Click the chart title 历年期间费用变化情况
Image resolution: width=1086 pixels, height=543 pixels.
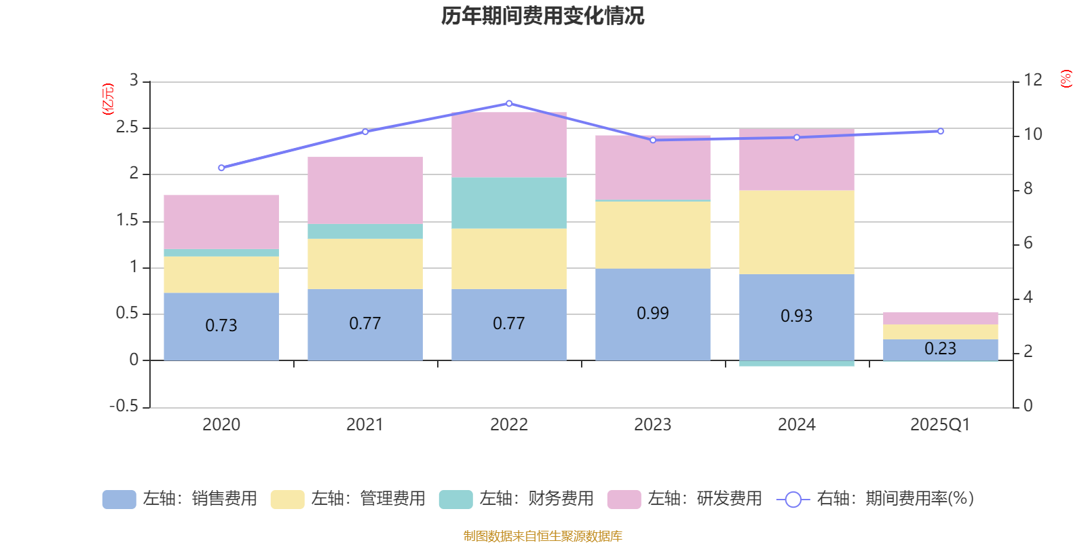(542, 16)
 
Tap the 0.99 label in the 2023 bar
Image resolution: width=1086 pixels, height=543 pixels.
(652, 313)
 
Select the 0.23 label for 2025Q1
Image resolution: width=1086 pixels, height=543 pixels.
(940, 348)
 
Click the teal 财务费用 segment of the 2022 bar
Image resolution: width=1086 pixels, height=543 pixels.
(509, 203)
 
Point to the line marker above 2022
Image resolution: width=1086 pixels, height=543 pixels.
(509, 104)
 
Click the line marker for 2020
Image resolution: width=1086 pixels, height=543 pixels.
(221, 168)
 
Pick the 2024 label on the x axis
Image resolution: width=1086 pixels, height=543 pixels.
(796, 425)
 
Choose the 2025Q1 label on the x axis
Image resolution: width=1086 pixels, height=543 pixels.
(940, 425)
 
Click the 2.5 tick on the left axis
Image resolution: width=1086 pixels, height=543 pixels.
(127, 128)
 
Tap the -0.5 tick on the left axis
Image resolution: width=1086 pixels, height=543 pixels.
(124, 406)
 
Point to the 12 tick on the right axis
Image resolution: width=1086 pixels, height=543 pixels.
(1033, 80)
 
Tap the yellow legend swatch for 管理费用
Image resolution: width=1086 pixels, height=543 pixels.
(287, 500)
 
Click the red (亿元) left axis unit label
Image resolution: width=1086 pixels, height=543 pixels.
(107, 99)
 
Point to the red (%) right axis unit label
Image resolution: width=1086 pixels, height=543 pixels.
(1066, 79)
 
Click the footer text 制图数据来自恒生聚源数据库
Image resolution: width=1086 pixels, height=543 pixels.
(542, 536)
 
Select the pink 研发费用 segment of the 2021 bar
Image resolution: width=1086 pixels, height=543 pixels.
(365, 190)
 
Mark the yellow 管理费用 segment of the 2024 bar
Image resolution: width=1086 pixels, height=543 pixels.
(796, 232)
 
